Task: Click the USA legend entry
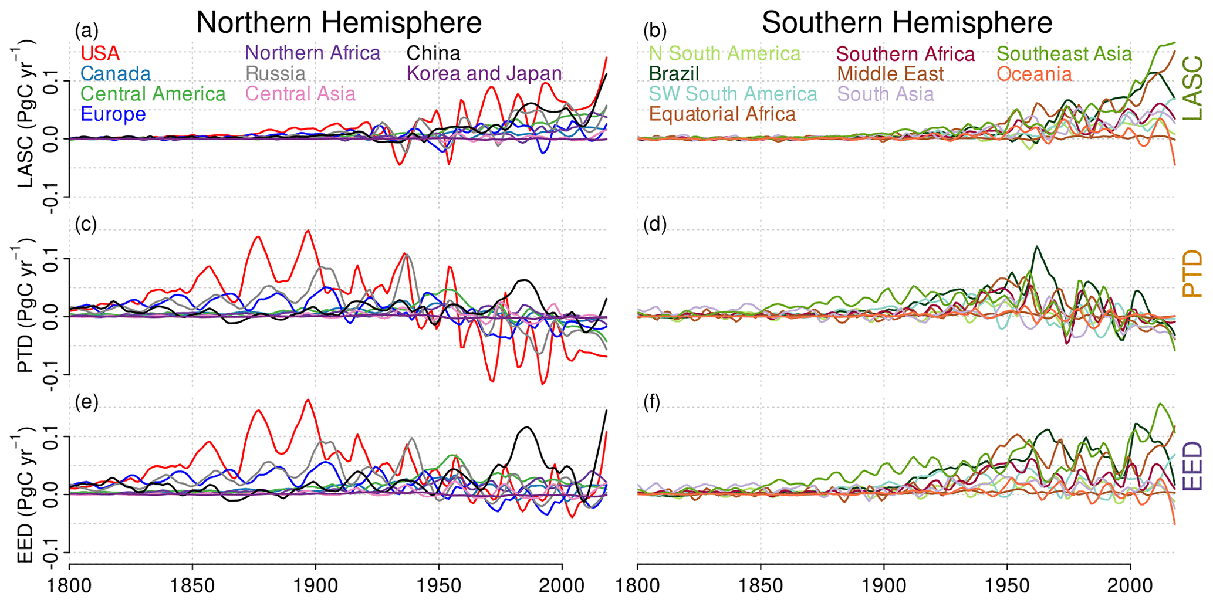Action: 100,53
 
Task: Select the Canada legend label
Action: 116,73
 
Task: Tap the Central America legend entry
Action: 153,94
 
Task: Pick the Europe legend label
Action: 113,114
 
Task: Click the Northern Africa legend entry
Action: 313,53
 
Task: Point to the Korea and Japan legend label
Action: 484,73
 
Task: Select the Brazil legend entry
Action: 674,74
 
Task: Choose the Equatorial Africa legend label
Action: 722,114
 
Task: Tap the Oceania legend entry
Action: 1034,74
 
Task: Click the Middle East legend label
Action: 890,74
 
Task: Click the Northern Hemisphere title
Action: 339,23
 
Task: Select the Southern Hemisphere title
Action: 907,23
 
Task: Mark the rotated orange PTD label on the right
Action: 1191,273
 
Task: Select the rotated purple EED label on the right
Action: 1191,467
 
